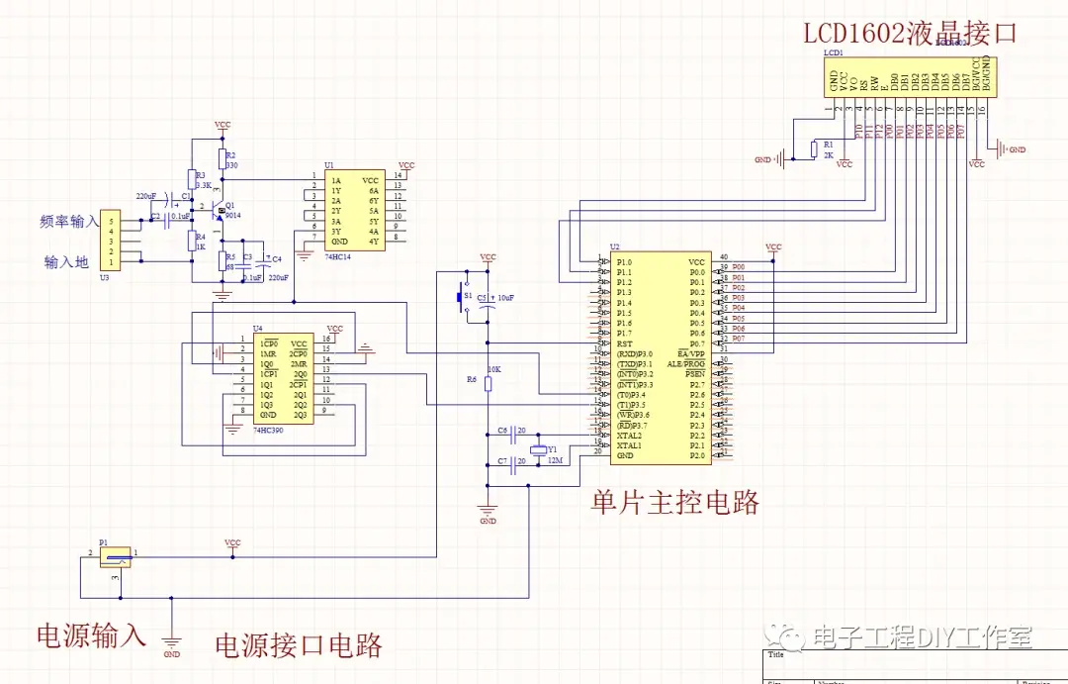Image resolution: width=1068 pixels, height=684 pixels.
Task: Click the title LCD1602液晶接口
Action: pyautogui.click(x=909, y=35)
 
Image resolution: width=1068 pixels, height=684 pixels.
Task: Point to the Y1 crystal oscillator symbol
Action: pyautogui.click(x=537, y=451)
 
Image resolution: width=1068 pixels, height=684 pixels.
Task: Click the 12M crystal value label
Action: pyautogui.click(x=555, y=461)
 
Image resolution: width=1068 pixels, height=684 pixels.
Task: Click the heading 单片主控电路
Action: pyautogui.click(x=675, y=502)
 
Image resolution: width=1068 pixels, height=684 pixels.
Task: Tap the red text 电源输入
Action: pyautogui.click(x=91, y=635)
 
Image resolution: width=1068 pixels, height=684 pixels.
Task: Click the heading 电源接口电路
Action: pyautogui.click(x=299, y=645)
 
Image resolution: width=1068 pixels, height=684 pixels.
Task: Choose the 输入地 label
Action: pyautogui.click(x=66, y=262)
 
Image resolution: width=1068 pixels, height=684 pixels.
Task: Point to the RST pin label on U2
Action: pyautogui.click(x=624, y=343)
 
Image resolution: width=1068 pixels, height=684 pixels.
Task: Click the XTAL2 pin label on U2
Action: pyautogui.click(x=629, y=436)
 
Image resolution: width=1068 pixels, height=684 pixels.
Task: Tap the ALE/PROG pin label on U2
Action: pyautogui.click(x=687, y=363)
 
